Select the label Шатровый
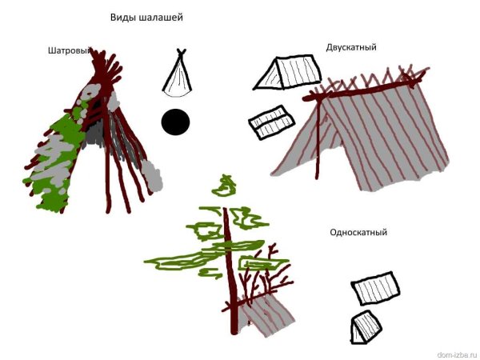[70, 51]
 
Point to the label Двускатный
[351, 48]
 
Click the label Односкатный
[358, 232]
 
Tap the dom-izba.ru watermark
[457, 355]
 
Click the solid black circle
[175, 122]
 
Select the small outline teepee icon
[178, 74]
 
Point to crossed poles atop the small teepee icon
[182, 52]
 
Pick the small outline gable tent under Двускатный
[287, 72]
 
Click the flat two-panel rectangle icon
[271, 122]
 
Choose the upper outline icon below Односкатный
[375, 288]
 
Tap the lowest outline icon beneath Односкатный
[366, 327]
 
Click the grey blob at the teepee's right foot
[151, 176]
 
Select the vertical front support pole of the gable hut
[318, 138]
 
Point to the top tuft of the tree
[225, 186]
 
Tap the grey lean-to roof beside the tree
[266, 314]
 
